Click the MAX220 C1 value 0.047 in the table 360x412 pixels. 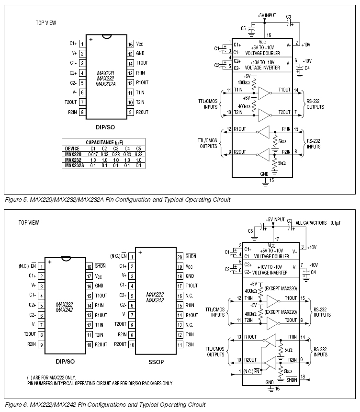(93, 154)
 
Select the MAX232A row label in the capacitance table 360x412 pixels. (74, 165)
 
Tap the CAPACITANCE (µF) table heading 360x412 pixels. (103, 143)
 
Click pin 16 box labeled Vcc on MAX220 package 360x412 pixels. (130, 44)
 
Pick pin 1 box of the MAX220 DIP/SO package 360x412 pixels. (82, 44)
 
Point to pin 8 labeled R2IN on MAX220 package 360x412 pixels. (82, 112)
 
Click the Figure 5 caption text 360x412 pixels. (117, 199)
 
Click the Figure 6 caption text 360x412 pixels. (105, 405)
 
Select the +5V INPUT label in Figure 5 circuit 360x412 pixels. (267, 15)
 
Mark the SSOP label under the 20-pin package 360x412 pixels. (156, 362)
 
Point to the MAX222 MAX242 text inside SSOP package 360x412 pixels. (156, 298)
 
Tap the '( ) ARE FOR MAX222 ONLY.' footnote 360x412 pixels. (51, 378)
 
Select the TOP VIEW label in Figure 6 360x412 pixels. (29, 222)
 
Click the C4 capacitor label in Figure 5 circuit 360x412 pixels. (307, 69)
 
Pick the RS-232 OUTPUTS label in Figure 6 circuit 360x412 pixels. (322, 312)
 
